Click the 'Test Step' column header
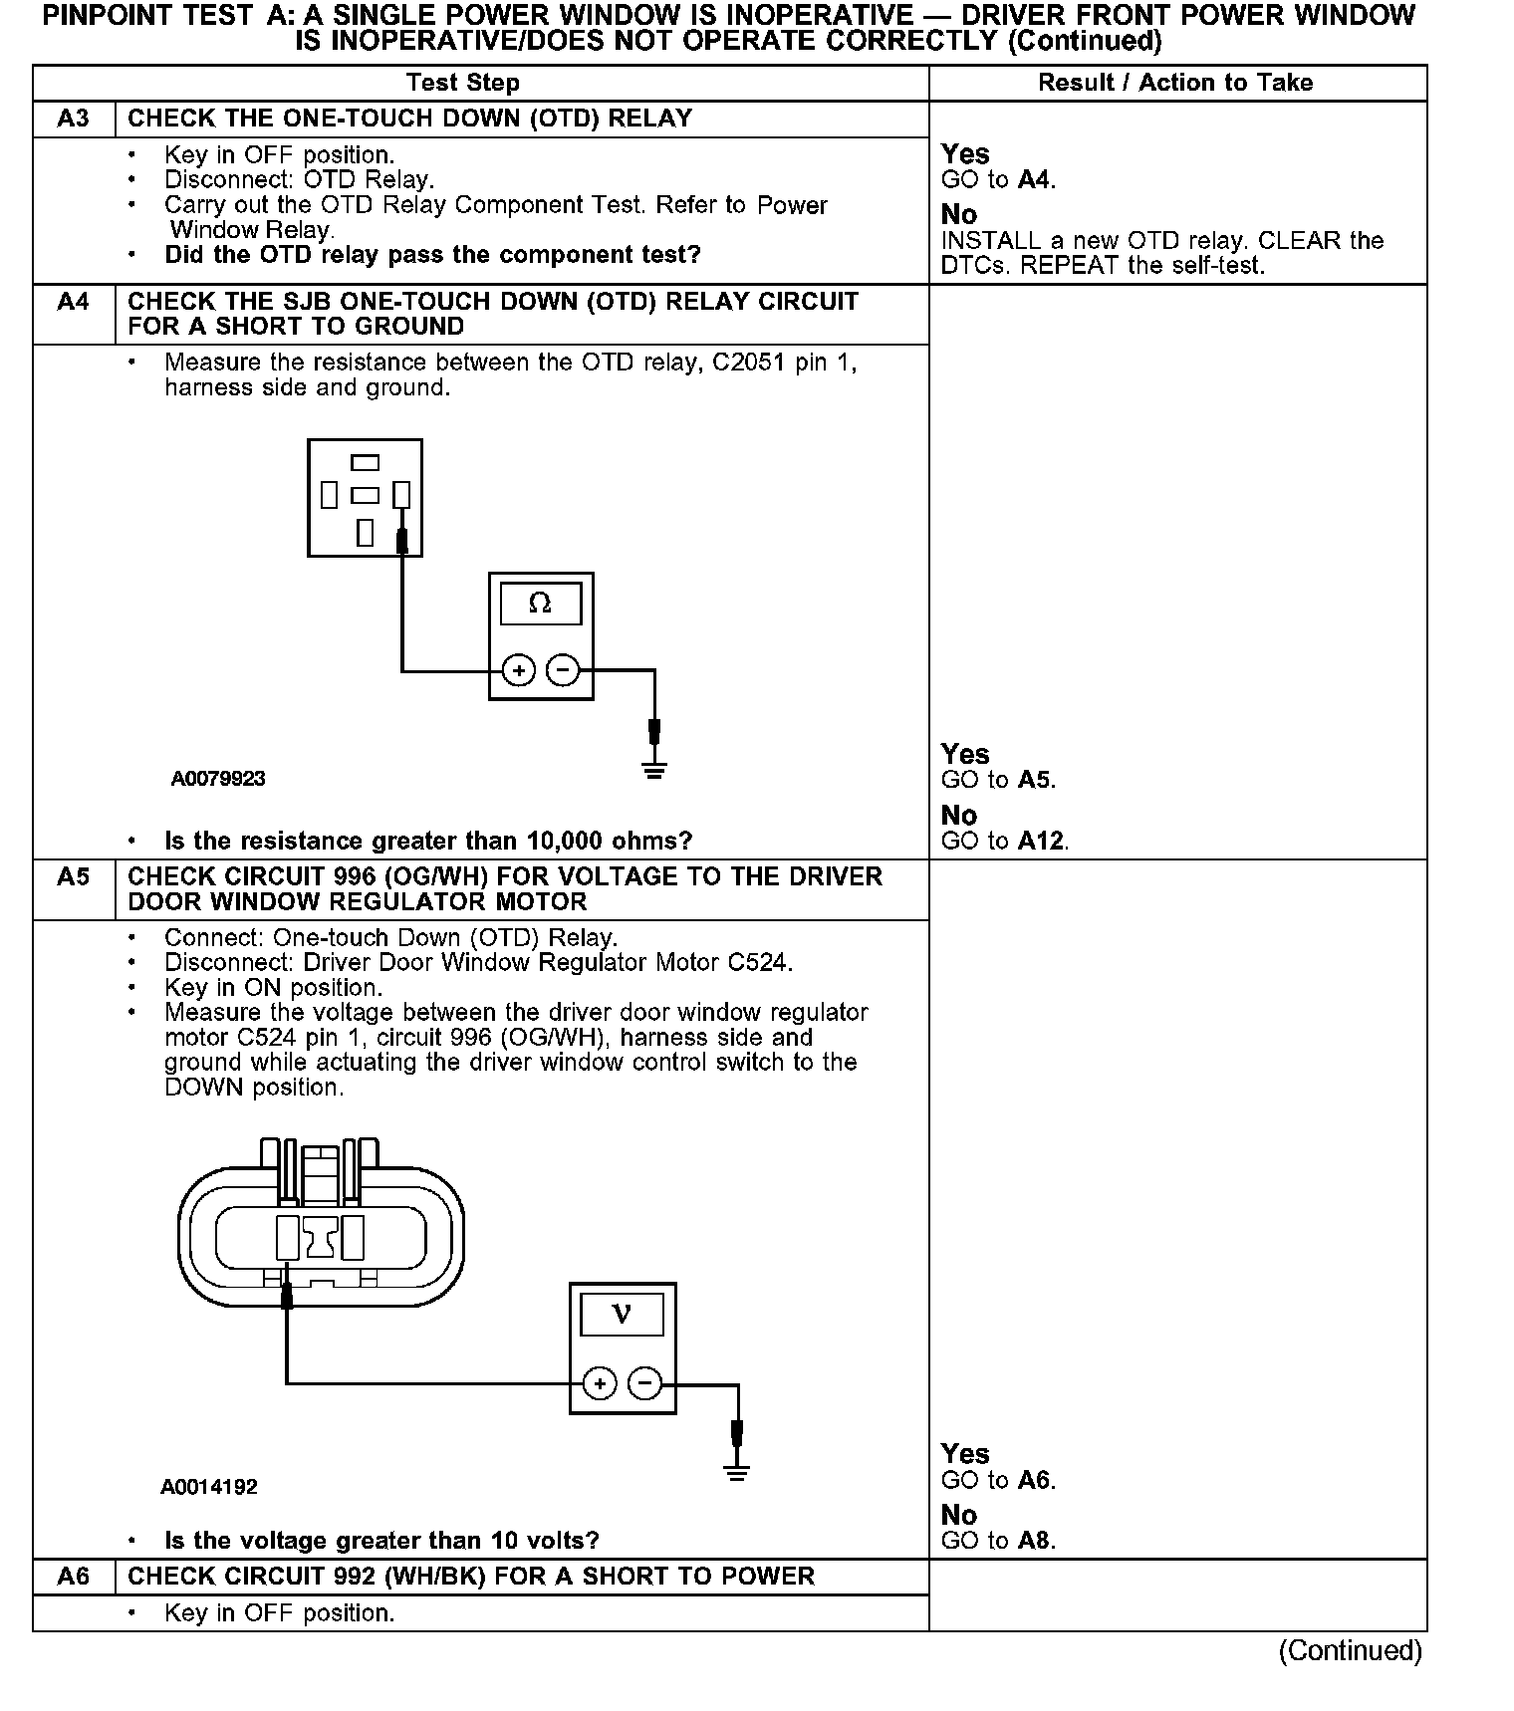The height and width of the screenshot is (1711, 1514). pos(463,83)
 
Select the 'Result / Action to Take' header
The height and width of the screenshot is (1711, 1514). pos(1175,83)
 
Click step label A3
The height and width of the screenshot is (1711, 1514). pos(74,119)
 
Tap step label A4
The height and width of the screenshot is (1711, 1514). pos(74,302)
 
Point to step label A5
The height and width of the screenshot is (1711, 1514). pos(74,876)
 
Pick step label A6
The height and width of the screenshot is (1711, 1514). pos(74,1576)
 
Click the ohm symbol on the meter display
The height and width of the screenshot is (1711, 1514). pos(540,604)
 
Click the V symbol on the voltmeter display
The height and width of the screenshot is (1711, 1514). pos(622,1315)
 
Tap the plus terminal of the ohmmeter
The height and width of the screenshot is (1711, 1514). pos(518,670)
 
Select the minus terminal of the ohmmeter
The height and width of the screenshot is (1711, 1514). pos(564,670)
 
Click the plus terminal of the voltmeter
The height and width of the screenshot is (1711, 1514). pos(600,1383)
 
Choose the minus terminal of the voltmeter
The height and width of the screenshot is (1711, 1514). pos(645,1383)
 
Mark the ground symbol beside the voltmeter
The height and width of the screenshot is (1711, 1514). pos(737,1471)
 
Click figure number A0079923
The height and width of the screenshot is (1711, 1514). pos(218,779)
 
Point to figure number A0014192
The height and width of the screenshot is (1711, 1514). pos(209,1487)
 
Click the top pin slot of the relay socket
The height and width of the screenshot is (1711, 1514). pos(366,463)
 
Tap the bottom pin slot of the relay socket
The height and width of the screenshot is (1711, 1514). pos(366,532)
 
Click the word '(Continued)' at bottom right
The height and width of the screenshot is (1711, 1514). pos(1350,1651)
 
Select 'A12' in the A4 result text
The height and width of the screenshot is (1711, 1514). pos(1042,842)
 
